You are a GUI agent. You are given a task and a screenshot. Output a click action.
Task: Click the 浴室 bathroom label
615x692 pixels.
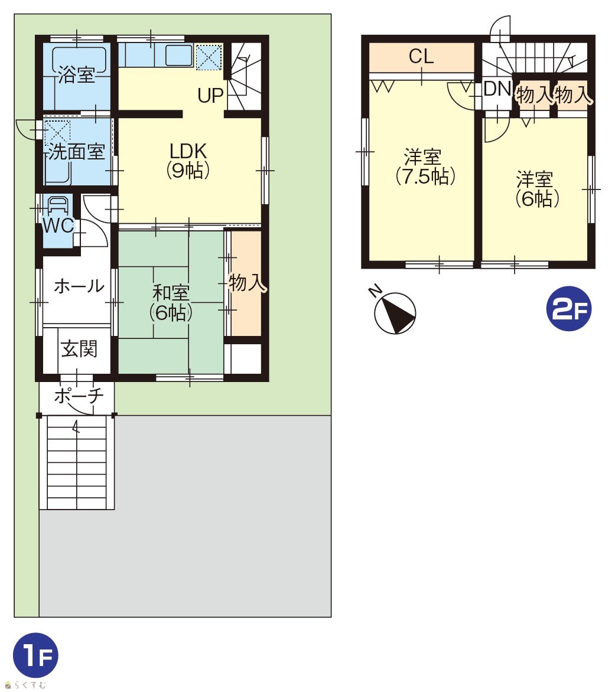[x=77, y=74]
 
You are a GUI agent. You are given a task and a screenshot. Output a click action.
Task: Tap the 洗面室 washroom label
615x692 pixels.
[x=76, y=152]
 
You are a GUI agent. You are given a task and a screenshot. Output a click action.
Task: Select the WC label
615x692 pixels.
[x=58, y=226]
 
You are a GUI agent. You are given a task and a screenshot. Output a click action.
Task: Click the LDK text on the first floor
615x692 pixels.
[x=188, y=151]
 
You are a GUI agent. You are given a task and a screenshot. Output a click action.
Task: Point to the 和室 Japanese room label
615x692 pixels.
[x=171, y=293]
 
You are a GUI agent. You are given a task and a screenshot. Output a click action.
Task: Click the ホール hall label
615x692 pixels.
[x=79, y=286]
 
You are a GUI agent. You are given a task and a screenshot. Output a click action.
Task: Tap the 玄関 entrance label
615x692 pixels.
[x=79, y=348]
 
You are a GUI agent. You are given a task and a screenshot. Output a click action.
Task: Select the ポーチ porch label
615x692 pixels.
[x=79, y=396]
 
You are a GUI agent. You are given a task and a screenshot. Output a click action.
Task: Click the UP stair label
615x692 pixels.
[x=210, y=95]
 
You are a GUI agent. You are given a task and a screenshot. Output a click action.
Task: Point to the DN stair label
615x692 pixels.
[x=497, y=89]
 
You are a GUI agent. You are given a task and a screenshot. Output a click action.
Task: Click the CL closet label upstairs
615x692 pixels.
[x=421, y=57]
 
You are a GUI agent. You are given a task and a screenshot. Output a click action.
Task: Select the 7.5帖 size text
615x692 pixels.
[x=425, y=177]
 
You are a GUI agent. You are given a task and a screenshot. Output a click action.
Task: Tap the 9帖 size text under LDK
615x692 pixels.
[x=188, y=171]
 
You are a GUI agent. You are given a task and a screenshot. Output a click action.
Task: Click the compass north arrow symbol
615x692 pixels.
[x=395, y=313]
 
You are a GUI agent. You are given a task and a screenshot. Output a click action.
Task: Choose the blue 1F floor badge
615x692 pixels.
[x=36, y=655]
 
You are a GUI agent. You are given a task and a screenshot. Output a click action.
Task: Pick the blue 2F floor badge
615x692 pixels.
[x=569, y=308]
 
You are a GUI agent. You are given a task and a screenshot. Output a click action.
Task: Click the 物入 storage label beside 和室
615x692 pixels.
[x=247, y=282]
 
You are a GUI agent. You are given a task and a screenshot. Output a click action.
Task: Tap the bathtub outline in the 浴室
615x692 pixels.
[x=80, y=60]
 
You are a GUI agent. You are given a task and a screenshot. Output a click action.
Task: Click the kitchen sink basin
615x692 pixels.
[x=179, y=55]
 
